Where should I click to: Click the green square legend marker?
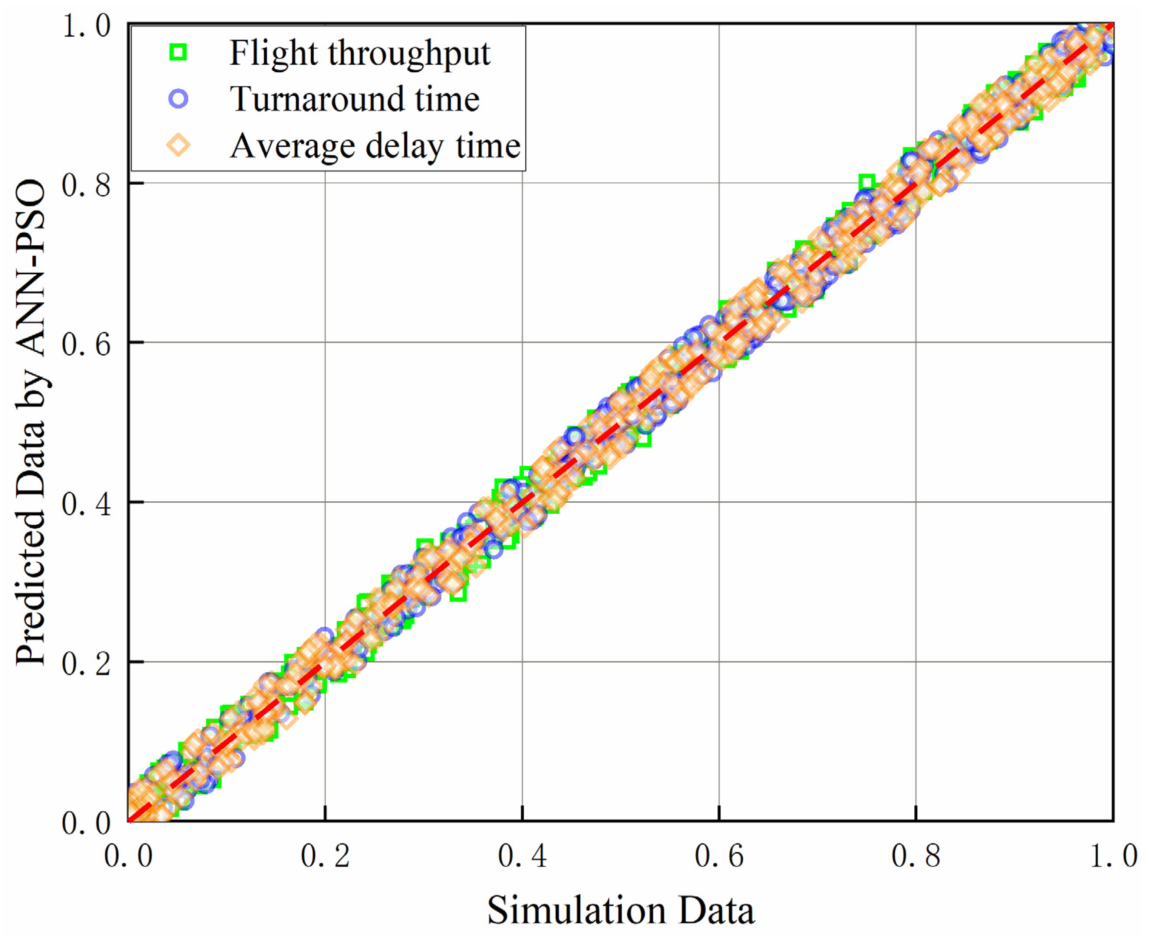click(178, 52)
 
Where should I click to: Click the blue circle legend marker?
click(178, 99)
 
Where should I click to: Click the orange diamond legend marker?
click(178, 146)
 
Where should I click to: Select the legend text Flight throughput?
click(360, 54)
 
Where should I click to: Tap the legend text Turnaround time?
click(355, 100)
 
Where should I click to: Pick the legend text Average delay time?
click(375, 146)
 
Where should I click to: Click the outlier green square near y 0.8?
click(867, 182)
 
